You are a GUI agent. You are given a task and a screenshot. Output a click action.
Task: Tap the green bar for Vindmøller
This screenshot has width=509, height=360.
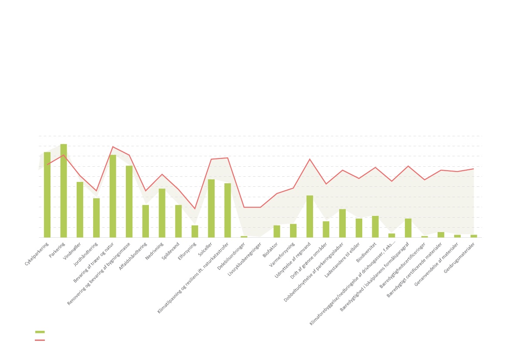point(80,209)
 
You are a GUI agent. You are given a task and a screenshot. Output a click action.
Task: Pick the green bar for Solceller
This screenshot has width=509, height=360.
point(211,208)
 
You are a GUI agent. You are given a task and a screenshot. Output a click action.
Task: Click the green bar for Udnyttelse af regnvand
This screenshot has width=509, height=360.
point(310,216)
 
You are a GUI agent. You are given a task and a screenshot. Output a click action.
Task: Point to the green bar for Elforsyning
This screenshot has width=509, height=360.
point(195,231)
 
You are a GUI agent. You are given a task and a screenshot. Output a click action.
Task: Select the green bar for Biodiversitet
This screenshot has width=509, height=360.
point(375,226)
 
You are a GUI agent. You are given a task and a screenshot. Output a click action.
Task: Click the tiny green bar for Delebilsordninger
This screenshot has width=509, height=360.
point(244,237)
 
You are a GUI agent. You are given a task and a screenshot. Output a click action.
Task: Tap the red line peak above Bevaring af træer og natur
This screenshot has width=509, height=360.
point(113,147)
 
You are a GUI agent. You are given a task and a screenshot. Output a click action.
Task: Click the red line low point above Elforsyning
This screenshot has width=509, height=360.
point(195,209)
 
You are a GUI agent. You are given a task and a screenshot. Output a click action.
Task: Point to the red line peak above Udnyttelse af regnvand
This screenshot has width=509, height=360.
point(310,159)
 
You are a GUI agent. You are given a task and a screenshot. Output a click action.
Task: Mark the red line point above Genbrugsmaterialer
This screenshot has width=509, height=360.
point(474,168)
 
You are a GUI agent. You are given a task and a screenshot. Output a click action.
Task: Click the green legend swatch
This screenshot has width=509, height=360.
point(40,332)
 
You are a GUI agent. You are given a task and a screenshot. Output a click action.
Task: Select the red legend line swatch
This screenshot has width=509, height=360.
point(40,340)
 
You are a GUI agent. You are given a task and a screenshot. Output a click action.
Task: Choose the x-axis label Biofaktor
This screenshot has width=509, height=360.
point(270,250)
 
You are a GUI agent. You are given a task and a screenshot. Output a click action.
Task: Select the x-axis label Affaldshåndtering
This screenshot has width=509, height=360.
point(133,256)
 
